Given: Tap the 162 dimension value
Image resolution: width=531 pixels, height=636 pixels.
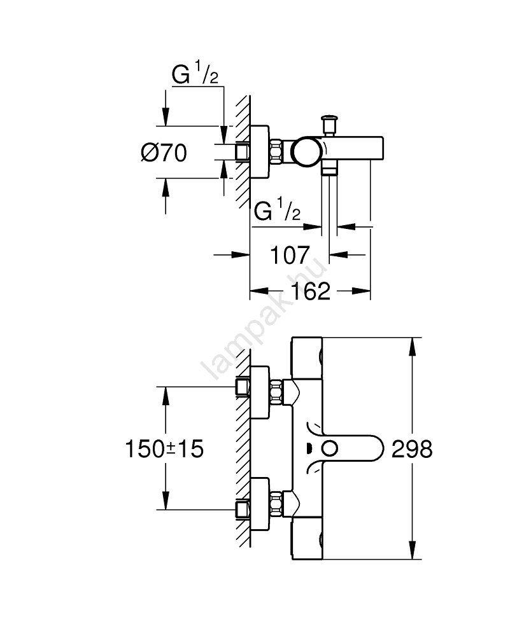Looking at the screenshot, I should pos(312,292).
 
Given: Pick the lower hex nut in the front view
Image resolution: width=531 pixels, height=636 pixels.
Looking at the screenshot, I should pos(277,506).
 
